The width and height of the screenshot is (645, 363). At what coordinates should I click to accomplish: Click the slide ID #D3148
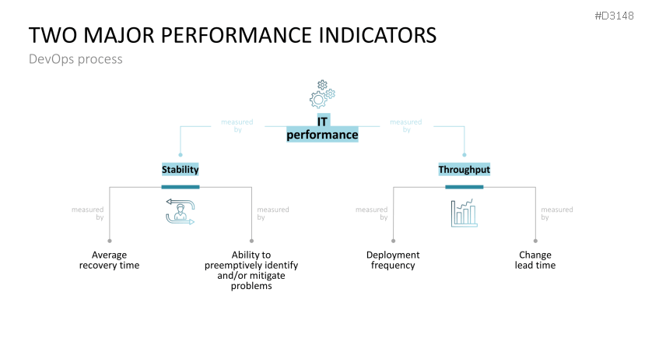(x=614, y=16)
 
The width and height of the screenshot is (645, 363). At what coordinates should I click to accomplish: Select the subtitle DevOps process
(x=75, y=59)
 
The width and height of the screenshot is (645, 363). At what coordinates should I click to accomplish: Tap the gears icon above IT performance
(x=322, y=94)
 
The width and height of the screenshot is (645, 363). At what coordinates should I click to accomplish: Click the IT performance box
(x=322, y=129)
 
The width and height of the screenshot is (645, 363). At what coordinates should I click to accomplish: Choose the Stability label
(x=181, y=169)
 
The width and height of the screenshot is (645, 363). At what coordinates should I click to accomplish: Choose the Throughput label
(x=464, y=169)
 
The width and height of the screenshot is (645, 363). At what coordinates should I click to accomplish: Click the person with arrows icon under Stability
(x=181, y=212)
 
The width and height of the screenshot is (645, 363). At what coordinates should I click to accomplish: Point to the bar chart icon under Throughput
(x=464, y=213)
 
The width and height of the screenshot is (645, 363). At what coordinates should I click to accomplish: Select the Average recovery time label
(x=110, y=260)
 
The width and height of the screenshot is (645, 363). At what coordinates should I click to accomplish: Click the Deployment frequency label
(x=393, y=260)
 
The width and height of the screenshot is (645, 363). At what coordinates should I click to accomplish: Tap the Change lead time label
(x=535, y=260)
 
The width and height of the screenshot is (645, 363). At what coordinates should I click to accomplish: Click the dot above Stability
(x=181, y=155)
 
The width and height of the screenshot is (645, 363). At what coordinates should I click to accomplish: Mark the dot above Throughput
(x=464, y=155)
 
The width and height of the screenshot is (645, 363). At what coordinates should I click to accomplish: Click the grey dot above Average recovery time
(x=110, y=241)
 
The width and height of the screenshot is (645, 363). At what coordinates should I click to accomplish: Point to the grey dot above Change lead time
(x=535, y=241)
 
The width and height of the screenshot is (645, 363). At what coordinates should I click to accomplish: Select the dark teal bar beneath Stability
(x=181, y=187)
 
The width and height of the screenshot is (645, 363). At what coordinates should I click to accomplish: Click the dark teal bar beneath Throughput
(x=464, y=187)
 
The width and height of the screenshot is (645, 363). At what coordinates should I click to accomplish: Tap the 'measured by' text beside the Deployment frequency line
(x=371, y=213)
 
